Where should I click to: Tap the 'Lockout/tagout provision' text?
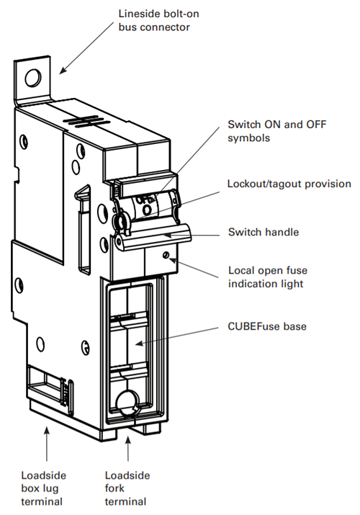point(289,184)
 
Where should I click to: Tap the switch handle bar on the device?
point(155,238)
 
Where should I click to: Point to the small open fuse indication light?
point(166,254)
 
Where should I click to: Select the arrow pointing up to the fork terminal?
point(127,447)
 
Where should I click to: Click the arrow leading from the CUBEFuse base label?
point(180,335)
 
